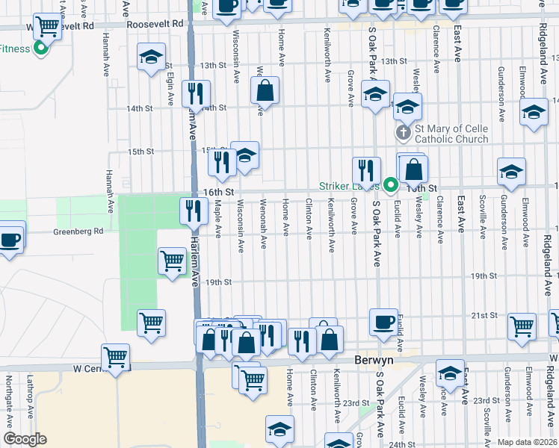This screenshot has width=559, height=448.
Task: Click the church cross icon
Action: click(x=402, y=134)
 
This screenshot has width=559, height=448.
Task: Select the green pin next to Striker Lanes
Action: click(x=390, y=184)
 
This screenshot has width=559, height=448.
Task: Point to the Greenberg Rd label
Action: click(x=78, y=231)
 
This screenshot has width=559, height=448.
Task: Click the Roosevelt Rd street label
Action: click(x=155, y=24)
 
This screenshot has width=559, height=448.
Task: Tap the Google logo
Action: click(x=25, y=439)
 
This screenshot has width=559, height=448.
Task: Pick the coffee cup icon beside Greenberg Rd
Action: click(x=10, y=239)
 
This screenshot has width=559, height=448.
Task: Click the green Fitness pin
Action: click(x=40, y=49)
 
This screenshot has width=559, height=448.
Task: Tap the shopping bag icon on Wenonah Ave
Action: click(x=265, y=91)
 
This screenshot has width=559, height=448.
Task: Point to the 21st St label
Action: click(x=478, y=316)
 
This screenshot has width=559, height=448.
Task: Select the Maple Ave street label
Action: click(x=217, y=218)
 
